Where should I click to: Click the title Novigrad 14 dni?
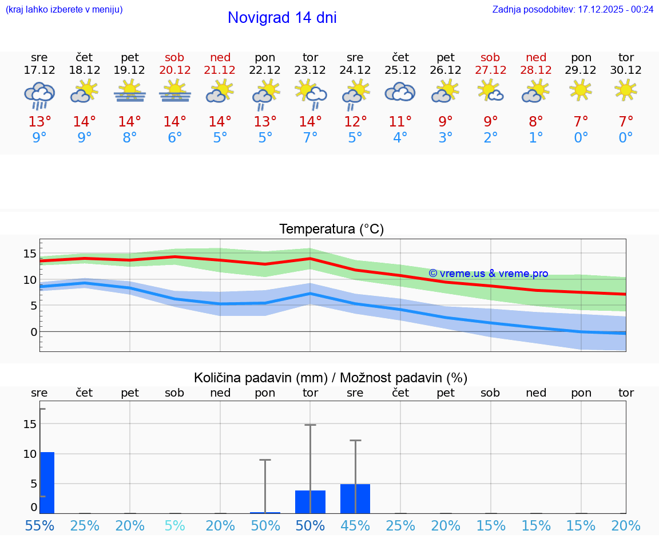[x=282, y=18]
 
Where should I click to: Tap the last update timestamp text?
[x=573, y=9]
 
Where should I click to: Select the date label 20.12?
[x=174, y=70]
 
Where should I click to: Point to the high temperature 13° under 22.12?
[x=265, y=122]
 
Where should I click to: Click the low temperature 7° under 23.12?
[x=310, y=138]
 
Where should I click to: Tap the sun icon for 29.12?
[x=581, y=89]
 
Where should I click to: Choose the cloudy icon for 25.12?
[x=400, y=92]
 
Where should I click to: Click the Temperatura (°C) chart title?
[x=331, y=229]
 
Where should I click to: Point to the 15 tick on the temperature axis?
[x=30, y=254]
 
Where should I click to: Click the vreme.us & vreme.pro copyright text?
[x=488, y=274]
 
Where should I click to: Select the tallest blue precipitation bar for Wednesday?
[x=47, y=482]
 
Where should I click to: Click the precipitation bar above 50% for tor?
[x=310, y=501]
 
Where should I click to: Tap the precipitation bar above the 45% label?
[x=355, y=498]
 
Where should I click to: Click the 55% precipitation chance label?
[x=39, y=525]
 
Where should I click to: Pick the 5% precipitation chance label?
[x=174, y=525]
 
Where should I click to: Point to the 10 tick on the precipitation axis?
[x=30, y=453]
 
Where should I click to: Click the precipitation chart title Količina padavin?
[x=331, y=378]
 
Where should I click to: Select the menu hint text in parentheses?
[x=64, y=9]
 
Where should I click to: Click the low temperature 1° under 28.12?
[x=536, y=138]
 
